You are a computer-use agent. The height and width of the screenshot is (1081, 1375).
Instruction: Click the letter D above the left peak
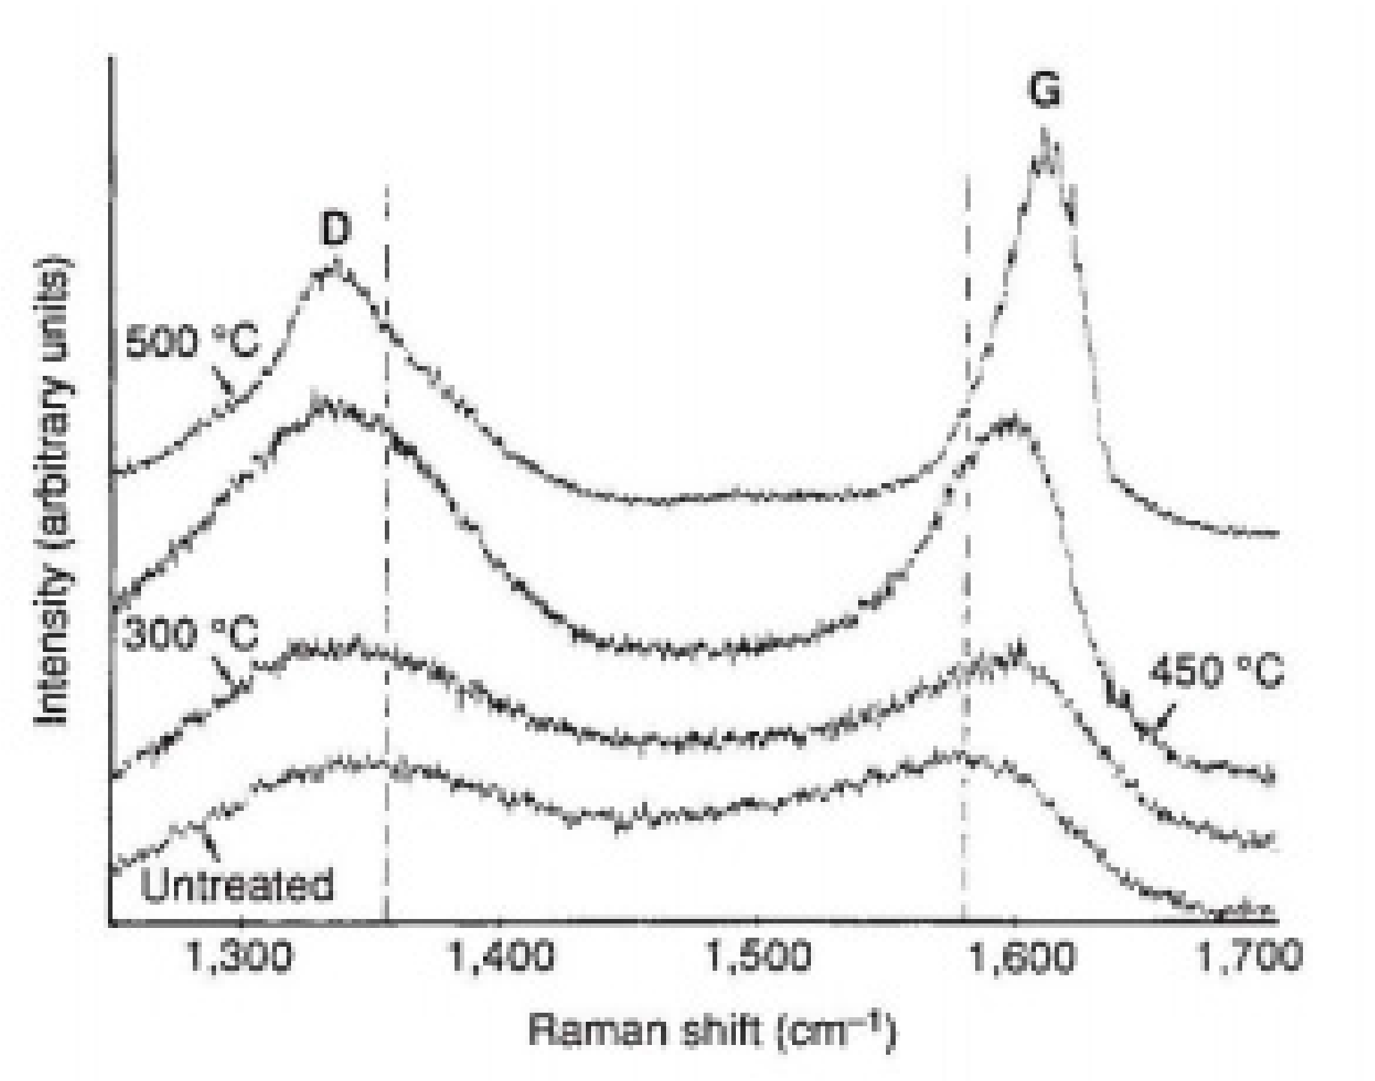[335, 230]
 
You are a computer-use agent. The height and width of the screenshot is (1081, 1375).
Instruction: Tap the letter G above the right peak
[1045, 91]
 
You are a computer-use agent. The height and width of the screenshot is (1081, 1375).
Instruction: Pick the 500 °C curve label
[191, 342]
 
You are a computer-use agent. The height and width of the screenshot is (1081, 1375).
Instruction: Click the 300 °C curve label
[190, 635]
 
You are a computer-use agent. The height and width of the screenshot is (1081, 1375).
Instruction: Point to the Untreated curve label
[237, 885]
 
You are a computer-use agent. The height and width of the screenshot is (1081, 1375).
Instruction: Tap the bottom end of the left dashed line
[386, 920]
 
